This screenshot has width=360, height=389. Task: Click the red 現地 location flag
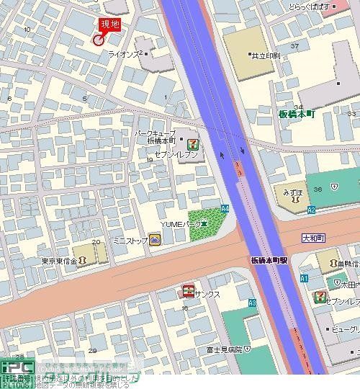(109, 25)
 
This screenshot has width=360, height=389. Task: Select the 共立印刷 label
(264, 55)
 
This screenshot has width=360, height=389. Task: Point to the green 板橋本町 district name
(297, 114)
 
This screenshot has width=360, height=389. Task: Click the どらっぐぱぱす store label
(309, 6)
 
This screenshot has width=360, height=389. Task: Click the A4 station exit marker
(225, 208)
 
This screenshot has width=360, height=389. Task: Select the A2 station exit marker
(311, 210)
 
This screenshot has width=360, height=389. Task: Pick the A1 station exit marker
(304, 278)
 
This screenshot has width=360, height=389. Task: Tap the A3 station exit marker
(252, 303)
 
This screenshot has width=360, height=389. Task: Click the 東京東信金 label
(58, 261)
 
